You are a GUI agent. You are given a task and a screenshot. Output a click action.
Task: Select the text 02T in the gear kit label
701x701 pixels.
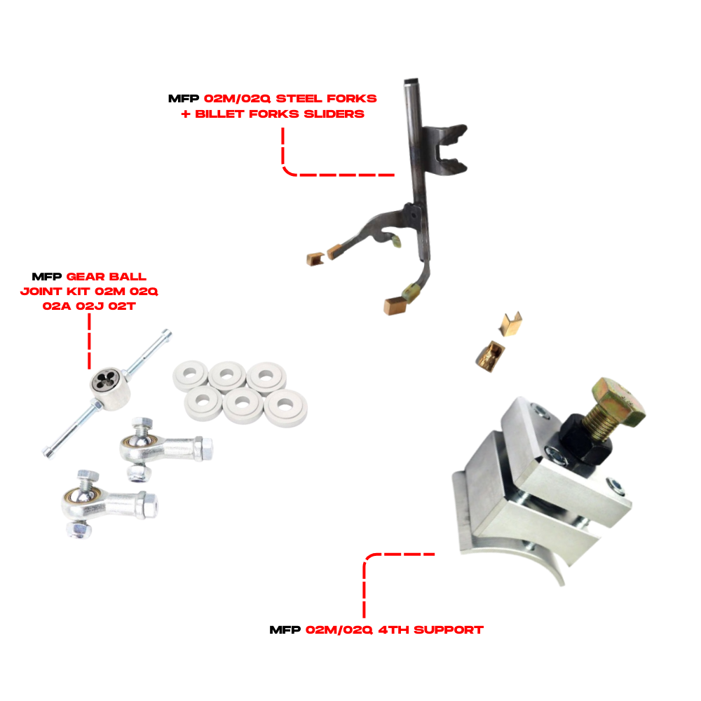click(121, 306)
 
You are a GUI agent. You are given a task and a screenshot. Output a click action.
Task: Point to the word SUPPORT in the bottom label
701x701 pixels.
click(449, 630)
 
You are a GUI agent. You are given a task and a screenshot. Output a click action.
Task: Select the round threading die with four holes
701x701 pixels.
click(109, 388)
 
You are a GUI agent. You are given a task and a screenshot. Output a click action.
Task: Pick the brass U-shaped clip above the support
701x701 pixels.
click(510, 324)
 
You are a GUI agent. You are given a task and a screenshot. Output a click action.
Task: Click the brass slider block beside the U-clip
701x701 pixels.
click(490, 356)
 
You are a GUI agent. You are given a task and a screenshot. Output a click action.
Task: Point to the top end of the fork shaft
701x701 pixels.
click(411, 82)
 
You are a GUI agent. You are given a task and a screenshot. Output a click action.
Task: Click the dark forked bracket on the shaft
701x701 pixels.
click(444, 149)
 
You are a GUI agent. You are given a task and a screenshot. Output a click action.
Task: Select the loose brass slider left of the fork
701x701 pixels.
click(315, 259)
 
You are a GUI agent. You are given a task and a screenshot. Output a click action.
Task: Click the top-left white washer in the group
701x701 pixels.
click(191, 374)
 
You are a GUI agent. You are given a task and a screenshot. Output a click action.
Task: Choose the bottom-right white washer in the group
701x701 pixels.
click(285, 407)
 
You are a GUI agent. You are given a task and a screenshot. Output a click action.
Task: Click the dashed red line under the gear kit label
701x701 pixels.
click(90, 341)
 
